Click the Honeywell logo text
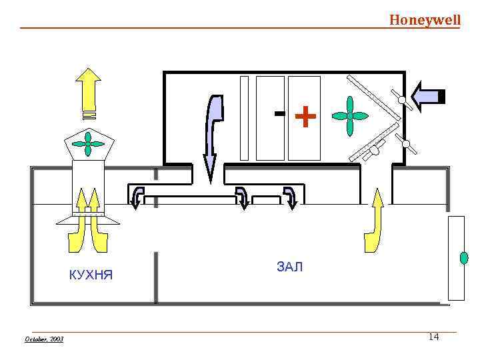pos(425,20)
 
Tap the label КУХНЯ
pos(91,275)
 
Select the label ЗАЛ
pos(289,267)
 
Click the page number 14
pos(433,337)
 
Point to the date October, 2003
pos(43,339)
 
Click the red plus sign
pos(305,117)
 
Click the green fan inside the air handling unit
pos(349,116)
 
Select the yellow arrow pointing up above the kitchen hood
pos(87,92)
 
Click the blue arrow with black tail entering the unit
pos(428,97)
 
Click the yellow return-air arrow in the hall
pos(376,213)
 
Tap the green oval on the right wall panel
pos(464,257)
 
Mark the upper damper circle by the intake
pos(403,101)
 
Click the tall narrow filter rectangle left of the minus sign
pos(244,118)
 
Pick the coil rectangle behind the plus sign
pos(304,118)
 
